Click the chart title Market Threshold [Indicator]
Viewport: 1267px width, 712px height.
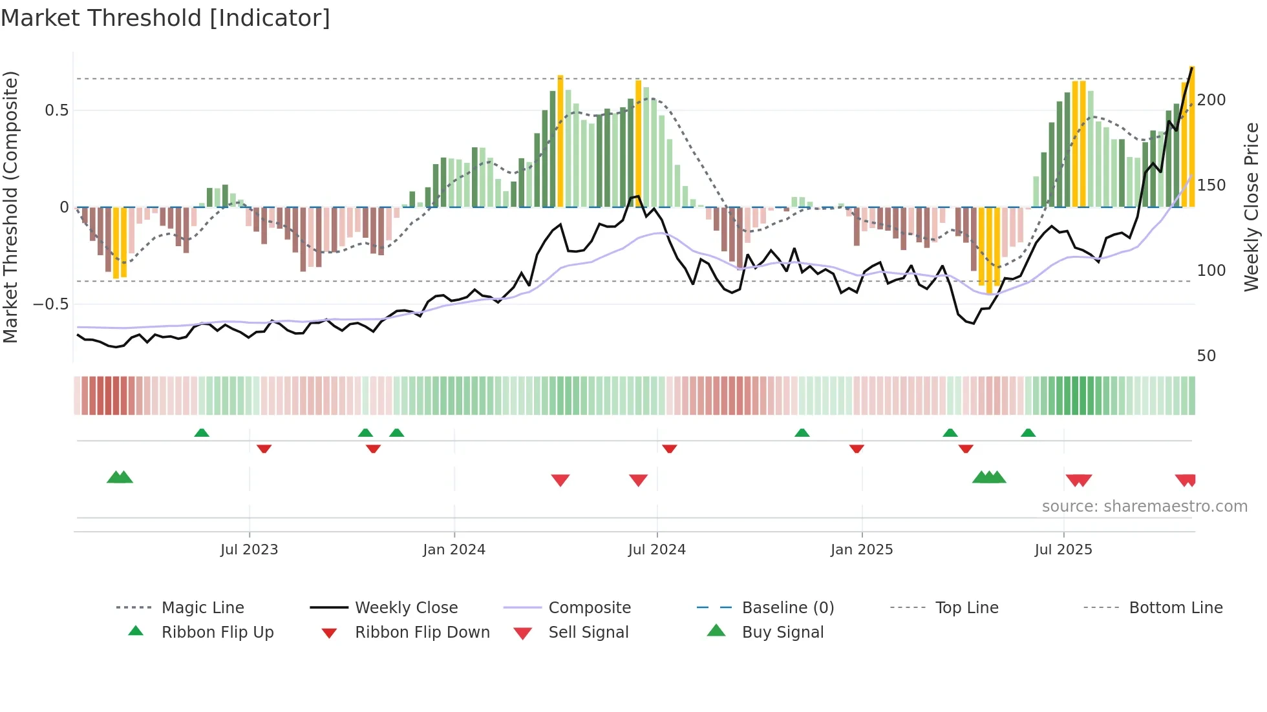tap(165, 18)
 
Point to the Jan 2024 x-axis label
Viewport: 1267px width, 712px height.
tap(454, 549)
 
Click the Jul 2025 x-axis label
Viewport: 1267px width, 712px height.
tap(1063, 549)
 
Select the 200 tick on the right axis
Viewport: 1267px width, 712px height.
tap(1211, 100)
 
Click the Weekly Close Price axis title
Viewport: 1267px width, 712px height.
tap(1251, 207)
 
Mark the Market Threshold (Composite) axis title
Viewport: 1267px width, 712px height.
tap(10, 207)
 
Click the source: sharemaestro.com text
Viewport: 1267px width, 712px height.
tap(1144, 506)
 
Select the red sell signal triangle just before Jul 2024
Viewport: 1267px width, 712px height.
tap(638, 479)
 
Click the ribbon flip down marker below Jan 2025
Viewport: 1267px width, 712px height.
tap(857, 448)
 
